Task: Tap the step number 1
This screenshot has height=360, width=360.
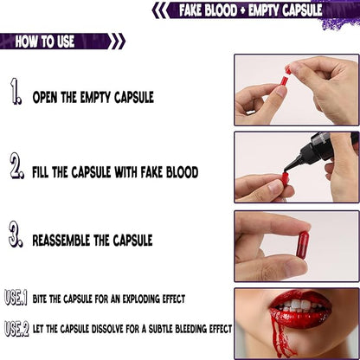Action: tap(16, 92)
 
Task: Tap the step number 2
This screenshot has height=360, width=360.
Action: tap(16, 167)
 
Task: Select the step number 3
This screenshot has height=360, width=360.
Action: tap(16, 235)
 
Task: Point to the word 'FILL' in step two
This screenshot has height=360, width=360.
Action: tap(44, 172)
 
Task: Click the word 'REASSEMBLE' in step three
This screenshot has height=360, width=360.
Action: tap(69, 240)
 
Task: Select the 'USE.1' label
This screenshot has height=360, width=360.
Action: tap(15, 298)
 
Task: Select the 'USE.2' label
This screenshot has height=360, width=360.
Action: tap(15, 328)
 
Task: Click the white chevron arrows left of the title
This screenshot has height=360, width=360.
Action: tap(161, 10)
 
